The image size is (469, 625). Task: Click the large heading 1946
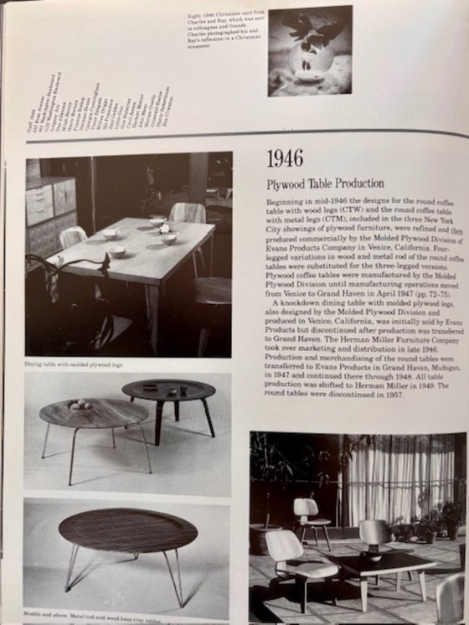point(285,158)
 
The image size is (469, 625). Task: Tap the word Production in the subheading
point(360,183)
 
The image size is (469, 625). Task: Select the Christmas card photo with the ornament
point(309,50)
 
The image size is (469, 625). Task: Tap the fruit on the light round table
point(80,405)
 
